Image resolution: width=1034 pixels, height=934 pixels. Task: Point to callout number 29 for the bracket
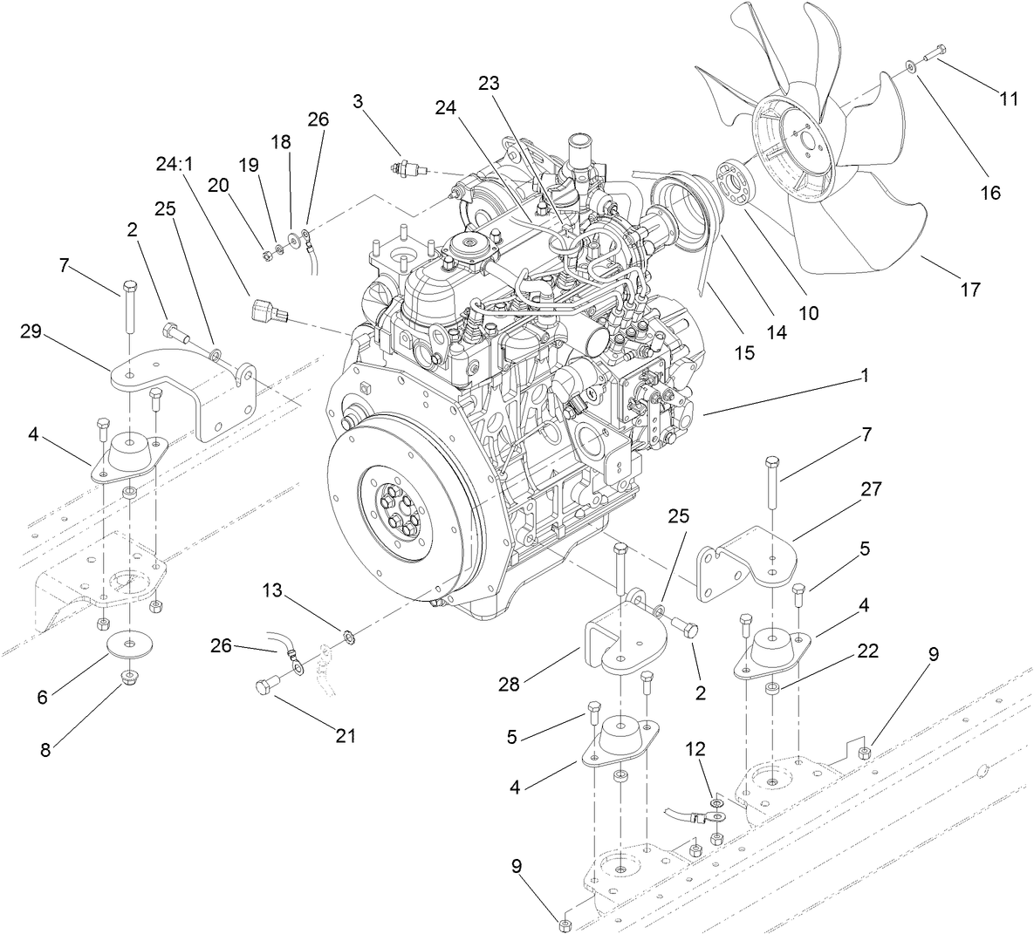pos(31,332)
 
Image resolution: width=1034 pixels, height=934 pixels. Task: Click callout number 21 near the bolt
pos(346,735)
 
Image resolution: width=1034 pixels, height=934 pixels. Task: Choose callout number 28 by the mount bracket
pos(508,685)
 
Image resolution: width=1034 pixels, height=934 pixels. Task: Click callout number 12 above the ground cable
pos(695,748)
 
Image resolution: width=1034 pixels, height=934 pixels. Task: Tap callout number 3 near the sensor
pos(358,101)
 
